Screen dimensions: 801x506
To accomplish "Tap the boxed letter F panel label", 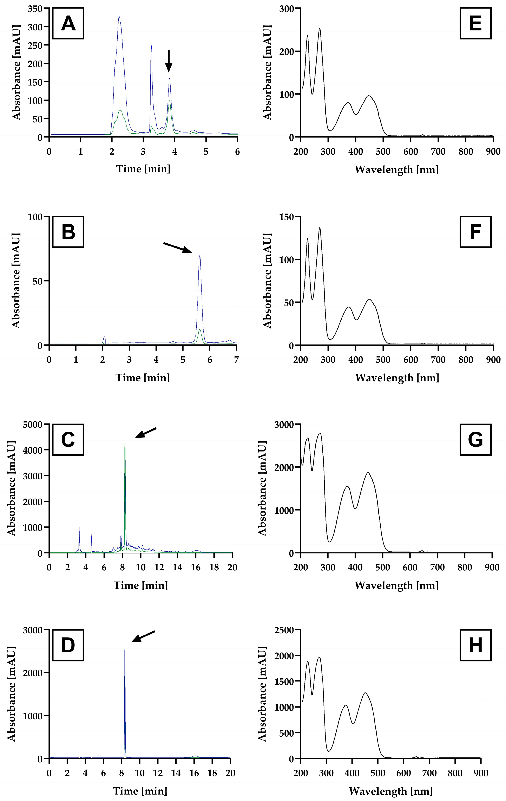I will coord(475,232).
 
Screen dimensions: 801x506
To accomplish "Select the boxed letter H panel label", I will coord(475,645).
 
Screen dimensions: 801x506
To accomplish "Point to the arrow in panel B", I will coord(178,248).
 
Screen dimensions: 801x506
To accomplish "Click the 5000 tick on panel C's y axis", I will coord(33,424).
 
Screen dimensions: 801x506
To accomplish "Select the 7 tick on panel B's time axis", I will coord(236,360).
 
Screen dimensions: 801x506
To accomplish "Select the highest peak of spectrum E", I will coord(320,29).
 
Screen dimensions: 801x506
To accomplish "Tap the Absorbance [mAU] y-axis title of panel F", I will coord(268,280).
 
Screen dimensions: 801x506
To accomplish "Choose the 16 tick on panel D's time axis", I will coord(194,773).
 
